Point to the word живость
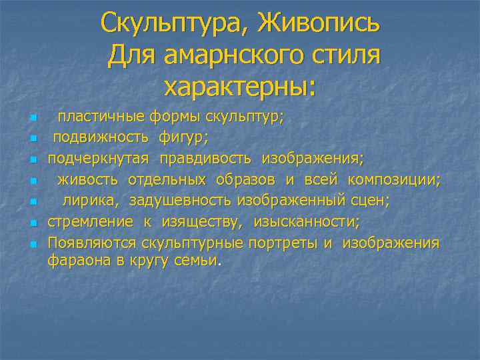point(87,179)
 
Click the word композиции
point(395,179)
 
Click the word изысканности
point(306,221)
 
